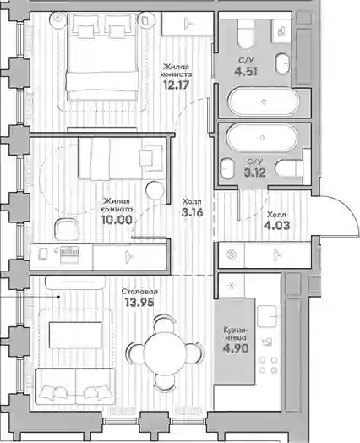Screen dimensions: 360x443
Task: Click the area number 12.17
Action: point(176,85)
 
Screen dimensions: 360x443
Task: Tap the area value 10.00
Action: point(117,220)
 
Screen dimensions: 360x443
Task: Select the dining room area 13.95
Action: point(139,303)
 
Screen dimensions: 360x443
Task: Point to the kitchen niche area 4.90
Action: point(236,348)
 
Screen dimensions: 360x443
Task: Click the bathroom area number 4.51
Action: point(246,71)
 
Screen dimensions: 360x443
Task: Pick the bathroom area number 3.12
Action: point(255,172)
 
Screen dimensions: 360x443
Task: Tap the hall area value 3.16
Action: point(193,212)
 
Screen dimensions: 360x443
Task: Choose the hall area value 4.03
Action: point(276,226)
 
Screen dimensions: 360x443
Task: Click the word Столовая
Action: point(139,292)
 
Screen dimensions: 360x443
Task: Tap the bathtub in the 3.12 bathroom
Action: point(262,138)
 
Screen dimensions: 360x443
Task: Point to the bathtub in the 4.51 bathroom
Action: point(263,101)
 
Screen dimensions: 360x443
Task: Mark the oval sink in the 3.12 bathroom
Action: point(227,168)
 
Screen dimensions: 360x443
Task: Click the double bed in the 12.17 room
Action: point(102,57)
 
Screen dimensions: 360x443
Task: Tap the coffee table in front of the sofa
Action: point(75,336)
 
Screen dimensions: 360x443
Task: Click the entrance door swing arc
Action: point(349,209)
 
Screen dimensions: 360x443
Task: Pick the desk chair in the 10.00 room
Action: point(67,229)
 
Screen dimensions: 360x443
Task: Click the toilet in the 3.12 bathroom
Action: point(289,168)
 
